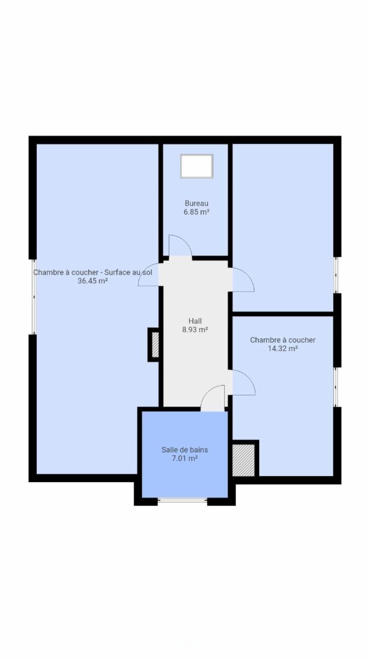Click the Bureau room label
click(196, 203)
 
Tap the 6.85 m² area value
click(196, 212)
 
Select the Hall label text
click(195, 321)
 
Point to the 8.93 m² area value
click(195, 329)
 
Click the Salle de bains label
click(185, 450)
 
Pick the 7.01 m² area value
click(185, 458)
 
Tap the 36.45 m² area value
click(93, 281)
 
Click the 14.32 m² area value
click(283, 349)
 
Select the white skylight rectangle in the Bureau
click(197, 166)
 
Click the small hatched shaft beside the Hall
click(155, 344)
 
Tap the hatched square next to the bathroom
click(243, 460)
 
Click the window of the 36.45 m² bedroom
click(34, 297)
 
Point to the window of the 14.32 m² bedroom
click(337, 387)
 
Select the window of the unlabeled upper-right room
click(337, 275)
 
